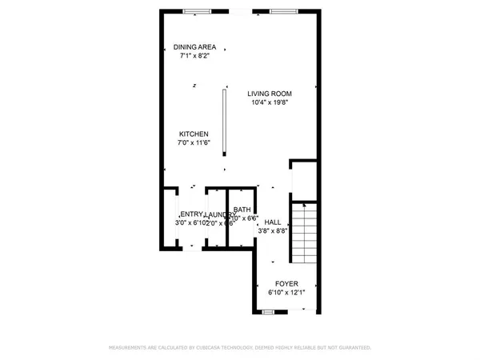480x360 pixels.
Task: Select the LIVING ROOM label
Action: (x=269, y=93)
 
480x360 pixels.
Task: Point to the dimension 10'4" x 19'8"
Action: (x=269, y=102)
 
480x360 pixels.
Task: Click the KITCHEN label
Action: (x=194, y=134)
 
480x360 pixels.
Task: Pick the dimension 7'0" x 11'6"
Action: (x=194, y=143)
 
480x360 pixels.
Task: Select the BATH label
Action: (x=242, y=210)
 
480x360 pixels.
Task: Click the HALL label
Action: (x=272, y=222)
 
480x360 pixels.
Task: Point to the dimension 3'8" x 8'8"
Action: (x=272, y=231)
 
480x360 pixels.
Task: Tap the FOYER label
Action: (x=286, y=284)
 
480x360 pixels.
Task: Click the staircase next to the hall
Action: (x=305, y=234)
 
